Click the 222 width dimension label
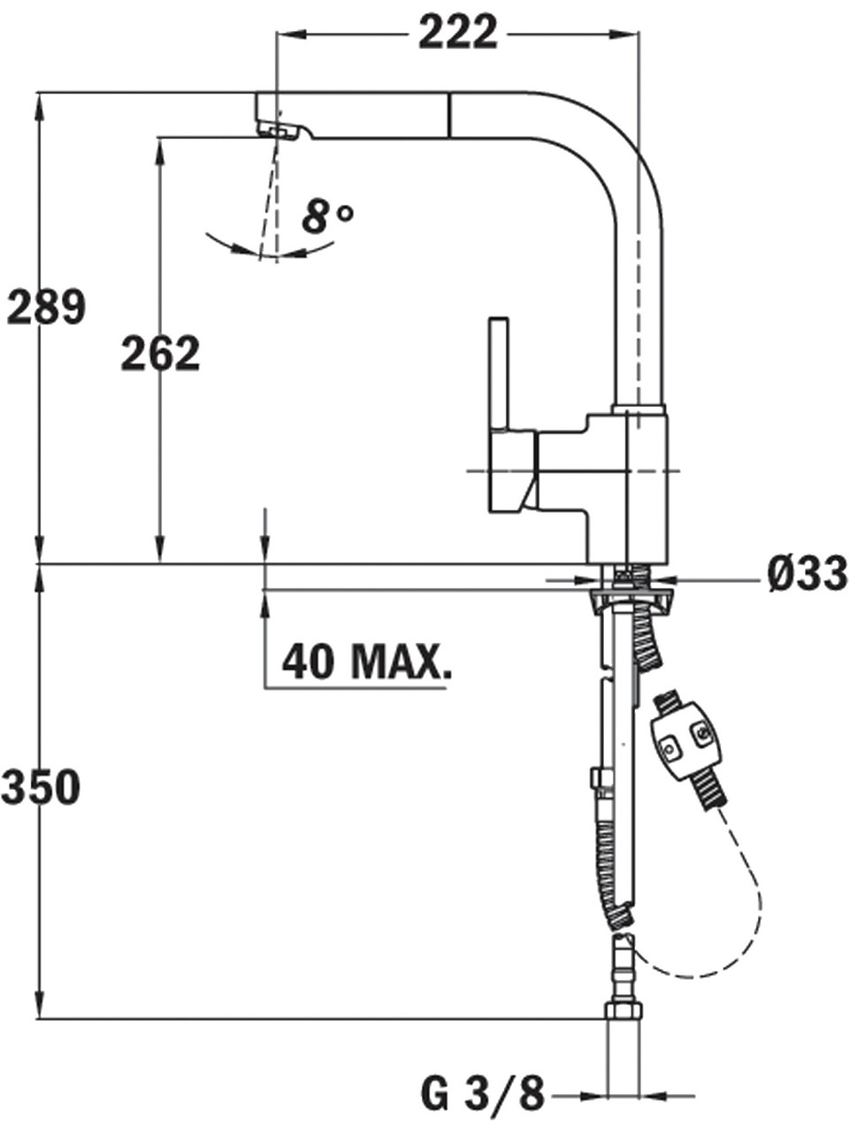point(458,32)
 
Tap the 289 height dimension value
point(45,308)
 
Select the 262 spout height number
point(160,353)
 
